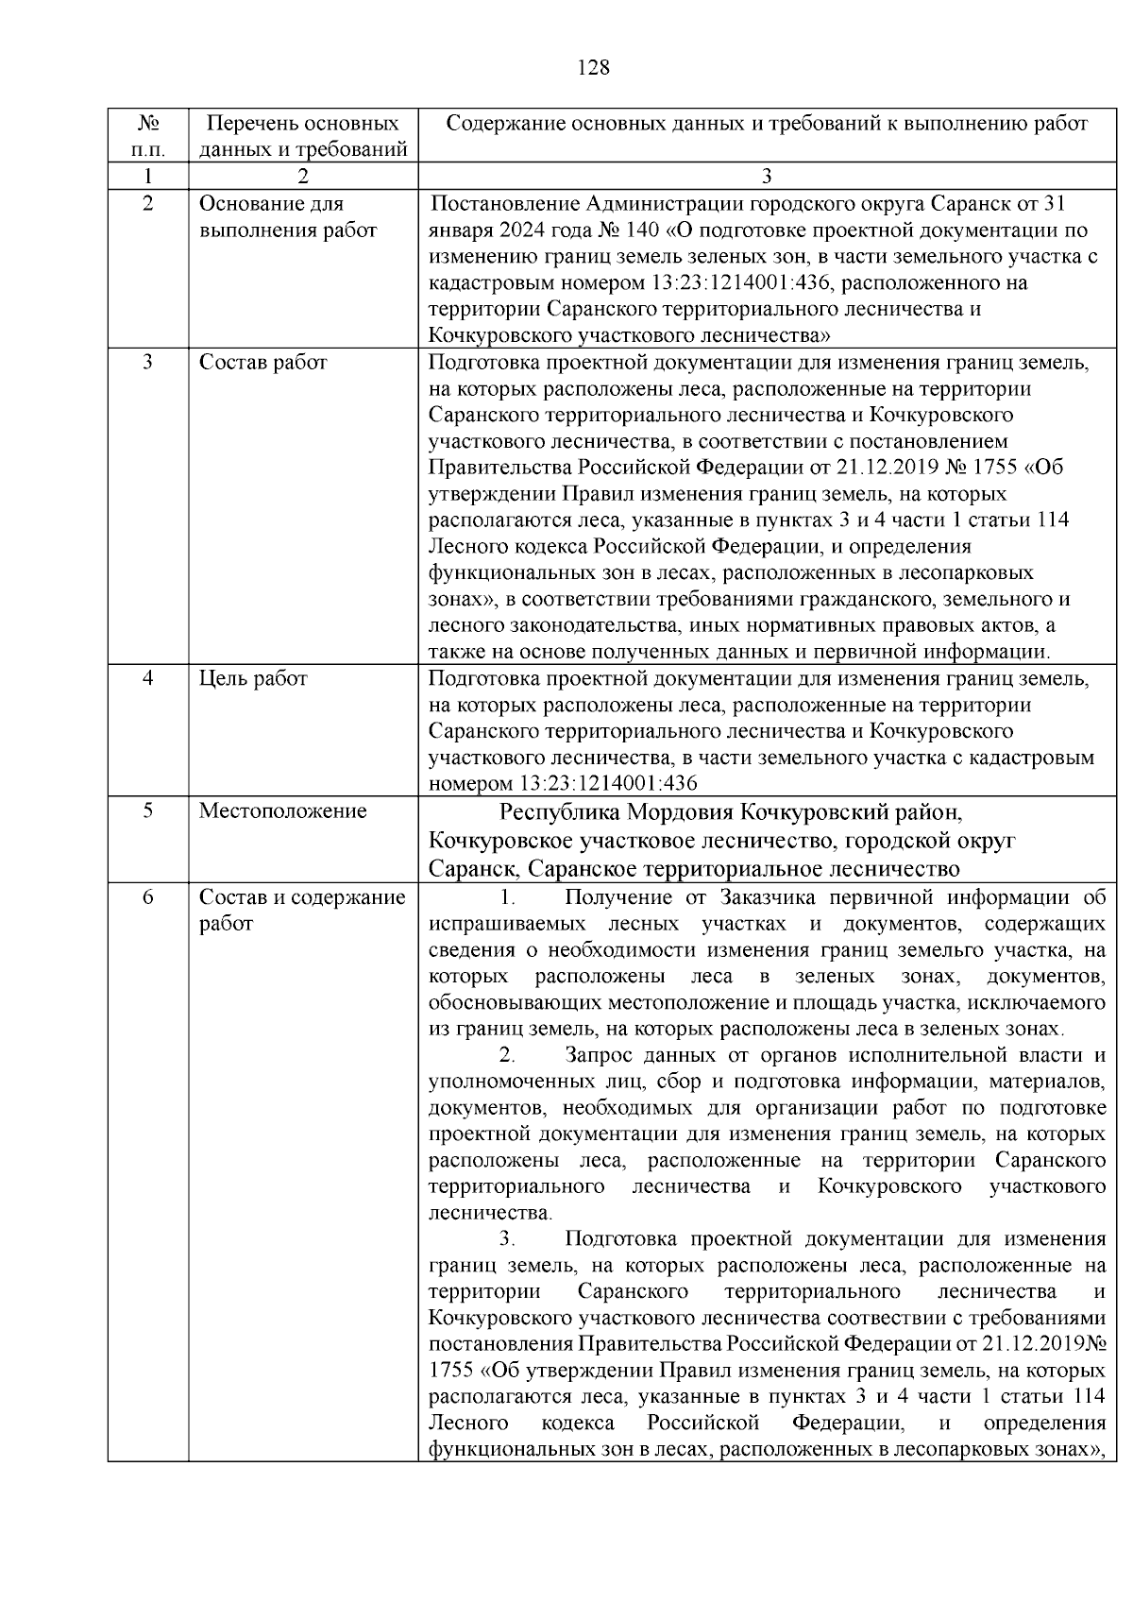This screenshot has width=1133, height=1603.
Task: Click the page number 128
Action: [592, 68]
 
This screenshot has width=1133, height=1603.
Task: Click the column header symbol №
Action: [147, 124]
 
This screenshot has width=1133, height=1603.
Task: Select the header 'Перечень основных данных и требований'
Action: [302, 136]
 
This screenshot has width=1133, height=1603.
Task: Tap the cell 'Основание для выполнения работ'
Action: [287, 217]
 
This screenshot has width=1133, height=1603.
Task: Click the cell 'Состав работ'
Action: [262, 363]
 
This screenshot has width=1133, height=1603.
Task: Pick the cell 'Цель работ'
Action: [252, 678]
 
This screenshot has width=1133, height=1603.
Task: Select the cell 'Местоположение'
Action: [282, 810]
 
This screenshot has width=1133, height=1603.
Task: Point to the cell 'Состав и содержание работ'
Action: [301, 910]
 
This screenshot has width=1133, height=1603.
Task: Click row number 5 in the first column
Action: [147, 810]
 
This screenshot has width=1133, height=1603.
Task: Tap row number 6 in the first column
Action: [147, 897]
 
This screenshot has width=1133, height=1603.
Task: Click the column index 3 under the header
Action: [766, 176]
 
